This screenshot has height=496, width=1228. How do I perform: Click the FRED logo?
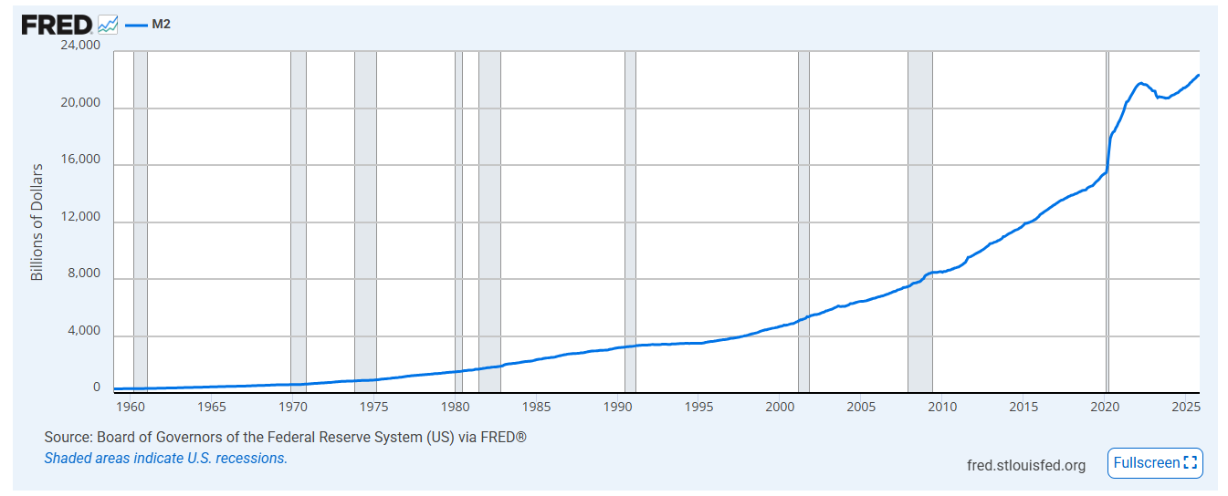[58, 25]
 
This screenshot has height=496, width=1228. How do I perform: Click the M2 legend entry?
[160, 25]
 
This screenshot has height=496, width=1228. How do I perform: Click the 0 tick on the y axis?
[96, 387]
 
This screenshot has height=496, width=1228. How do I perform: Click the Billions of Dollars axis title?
[37, 222]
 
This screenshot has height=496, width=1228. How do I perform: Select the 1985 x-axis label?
[536, 406]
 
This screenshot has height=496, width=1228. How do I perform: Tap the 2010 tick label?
[942, 406]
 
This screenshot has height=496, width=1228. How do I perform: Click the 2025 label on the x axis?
[1185, 406]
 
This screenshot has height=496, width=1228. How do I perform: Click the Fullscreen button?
[1155, 463]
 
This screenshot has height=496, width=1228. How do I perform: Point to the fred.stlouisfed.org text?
[1026, 466]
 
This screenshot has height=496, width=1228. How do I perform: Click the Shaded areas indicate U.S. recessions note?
[165, 458]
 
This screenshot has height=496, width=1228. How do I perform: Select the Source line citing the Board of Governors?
[285, 438]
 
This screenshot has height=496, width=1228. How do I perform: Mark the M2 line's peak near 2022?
[1140, 83]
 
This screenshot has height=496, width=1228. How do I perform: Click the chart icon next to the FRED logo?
[108, 25]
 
